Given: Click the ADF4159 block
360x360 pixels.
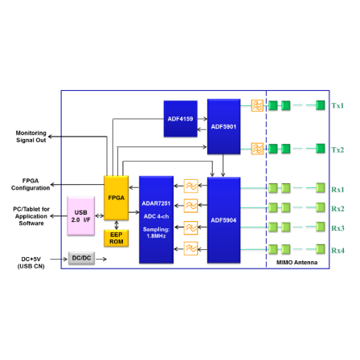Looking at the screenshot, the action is pos(181,119).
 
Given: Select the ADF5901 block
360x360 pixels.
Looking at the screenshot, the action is pos(223,126).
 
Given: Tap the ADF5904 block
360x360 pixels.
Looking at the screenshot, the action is pos(223,220).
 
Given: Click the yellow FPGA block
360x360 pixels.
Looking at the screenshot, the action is pos(117,198).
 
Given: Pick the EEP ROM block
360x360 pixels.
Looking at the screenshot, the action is pos(117,238).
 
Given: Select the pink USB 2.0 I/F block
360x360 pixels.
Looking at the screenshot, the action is pos(80,216).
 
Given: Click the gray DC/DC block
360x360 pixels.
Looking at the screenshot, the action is pos(81,258).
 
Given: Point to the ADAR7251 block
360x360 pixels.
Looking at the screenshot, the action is pos(156,219).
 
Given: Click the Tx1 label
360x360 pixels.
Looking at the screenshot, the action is pos(337,105).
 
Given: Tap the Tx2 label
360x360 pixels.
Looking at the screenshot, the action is pos(337,149).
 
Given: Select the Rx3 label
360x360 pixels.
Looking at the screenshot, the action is pos(337,228).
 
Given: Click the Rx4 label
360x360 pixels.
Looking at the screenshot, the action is pos(337,251).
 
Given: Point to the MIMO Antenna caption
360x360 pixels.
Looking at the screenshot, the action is pos(297,262).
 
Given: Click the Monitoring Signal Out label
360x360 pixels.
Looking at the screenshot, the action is pos(31,137).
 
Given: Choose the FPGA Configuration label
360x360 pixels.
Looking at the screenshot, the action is pos(31,184).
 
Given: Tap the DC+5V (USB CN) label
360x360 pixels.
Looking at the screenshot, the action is pos(31,263).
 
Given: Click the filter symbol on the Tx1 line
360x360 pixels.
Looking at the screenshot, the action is pos(257,105).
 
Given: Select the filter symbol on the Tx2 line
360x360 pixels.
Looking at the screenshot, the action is pos(257,149).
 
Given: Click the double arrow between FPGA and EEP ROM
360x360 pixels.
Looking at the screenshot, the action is pos(117,225).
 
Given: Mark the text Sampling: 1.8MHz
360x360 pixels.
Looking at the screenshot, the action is pos(156,232).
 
